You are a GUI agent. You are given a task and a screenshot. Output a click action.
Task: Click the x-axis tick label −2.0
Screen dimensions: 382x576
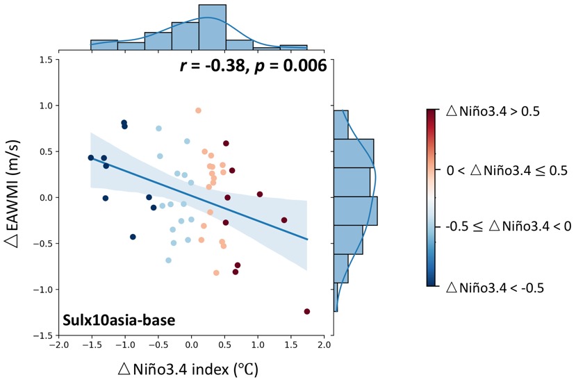tap(58, 344)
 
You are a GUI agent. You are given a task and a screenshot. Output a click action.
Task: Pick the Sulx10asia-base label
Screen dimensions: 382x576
tap(118, 320)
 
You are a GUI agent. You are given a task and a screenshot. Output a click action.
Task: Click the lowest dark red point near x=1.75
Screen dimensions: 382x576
tap(307, 311)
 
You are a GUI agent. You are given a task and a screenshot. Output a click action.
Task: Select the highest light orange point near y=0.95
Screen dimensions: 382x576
tap(198, 110)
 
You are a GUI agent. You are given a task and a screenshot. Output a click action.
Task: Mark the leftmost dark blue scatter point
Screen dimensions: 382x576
tap(90, 158)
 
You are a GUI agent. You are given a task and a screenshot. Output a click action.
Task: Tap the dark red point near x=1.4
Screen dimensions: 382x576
tap(284, 220)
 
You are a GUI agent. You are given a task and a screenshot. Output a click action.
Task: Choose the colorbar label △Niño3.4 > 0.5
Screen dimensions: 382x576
tap(494, 111)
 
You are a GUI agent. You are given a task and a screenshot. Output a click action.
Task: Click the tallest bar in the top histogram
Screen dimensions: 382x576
tap(213, 28)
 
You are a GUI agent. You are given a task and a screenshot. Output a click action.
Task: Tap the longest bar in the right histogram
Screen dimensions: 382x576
tap(356, 211)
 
